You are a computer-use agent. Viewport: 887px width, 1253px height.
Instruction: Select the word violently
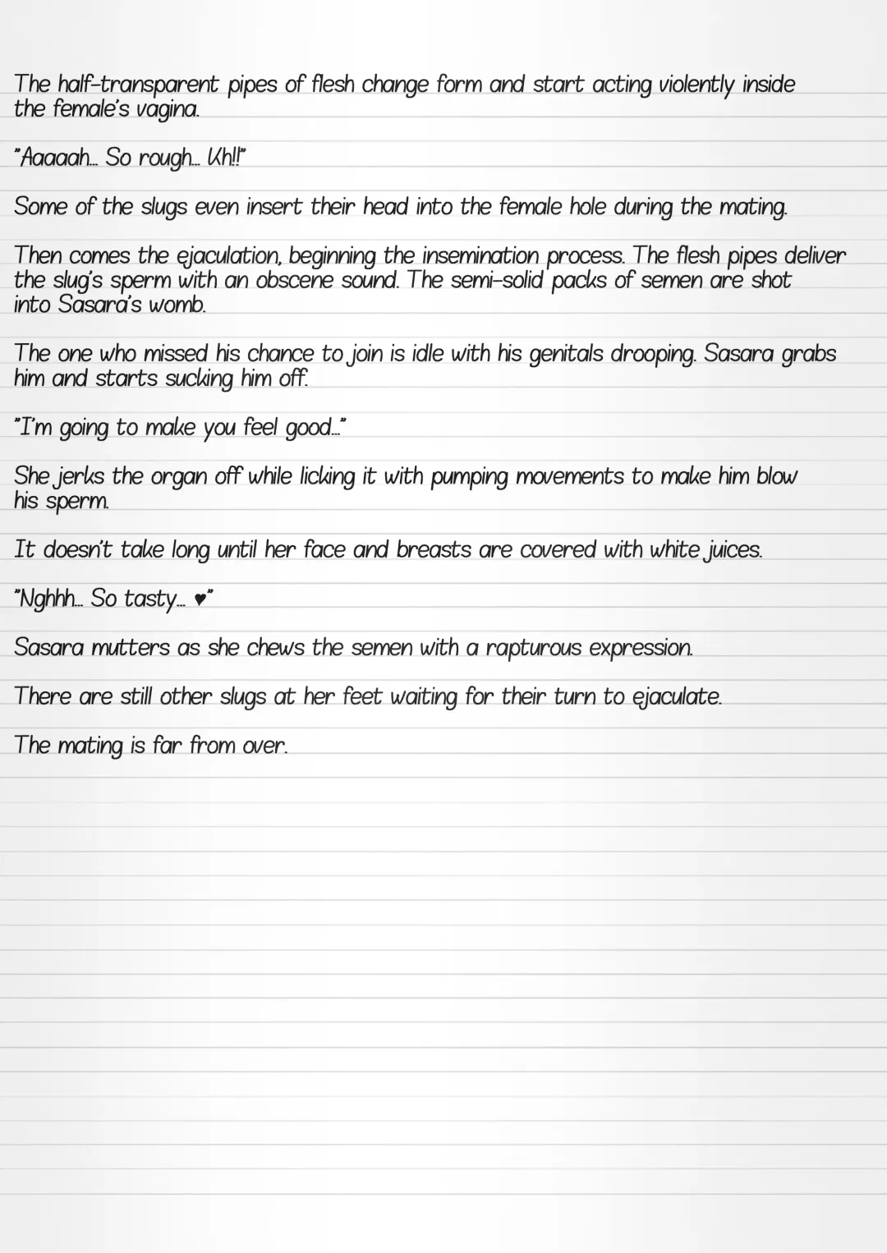(x=696, y=85)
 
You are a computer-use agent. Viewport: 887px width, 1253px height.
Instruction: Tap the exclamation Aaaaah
(x=54, y=158)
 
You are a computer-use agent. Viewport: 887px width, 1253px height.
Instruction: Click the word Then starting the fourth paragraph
(x=38, y=255)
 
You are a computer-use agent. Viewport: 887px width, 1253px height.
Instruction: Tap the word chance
(x=280, y=354)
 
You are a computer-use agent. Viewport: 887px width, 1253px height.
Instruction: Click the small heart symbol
(x=200, y=600)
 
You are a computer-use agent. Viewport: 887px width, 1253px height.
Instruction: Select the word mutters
(x=131, y=647)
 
